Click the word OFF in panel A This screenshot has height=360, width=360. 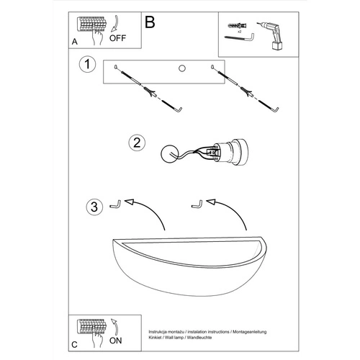click(x=117, y=38)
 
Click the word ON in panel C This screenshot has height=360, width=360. click(x=115, y=341)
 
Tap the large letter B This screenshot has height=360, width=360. click(x=150, y=22)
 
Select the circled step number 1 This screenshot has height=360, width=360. click(x=87, y=64)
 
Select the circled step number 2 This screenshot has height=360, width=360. click(x=137, y=143)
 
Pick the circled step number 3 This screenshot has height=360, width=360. click(x=94, y=207)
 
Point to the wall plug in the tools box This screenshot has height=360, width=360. click(x=238, y=25)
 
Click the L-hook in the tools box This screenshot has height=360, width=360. click(x=240, y=38)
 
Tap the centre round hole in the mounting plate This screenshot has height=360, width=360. click(x=182, y=68)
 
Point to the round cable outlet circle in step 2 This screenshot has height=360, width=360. click(x=169, y=153)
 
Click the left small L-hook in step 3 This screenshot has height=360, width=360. click(x=115, y=204)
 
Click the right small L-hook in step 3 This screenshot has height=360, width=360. click(x=197, y=204)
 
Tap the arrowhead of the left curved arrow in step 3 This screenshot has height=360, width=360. click(x=129, y=202)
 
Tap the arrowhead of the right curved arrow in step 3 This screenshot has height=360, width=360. click(x=211, y=202)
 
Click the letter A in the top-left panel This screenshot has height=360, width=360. click(x=75, y=42)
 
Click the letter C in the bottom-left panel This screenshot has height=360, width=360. click(x=74, y=345)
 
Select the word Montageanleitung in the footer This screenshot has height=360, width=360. click(x=250, y=332)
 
